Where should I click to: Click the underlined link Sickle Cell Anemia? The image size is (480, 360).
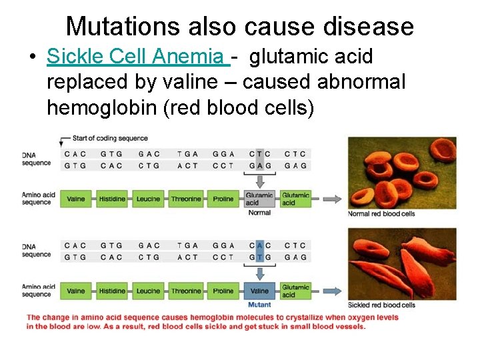coord(137,57)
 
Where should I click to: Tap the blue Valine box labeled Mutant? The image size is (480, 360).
coord(259,291)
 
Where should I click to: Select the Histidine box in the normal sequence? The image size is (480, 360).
coord(112,199)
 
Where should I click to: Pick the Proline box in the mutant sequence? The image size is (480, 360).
coord(223,291)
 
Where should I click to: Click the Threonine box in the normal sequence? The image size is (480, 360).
coord(185,199)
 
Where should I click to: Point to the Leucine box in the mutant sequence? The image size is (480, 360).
coord(148,291)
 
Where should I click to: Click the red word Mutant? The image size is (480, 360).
coord(259,305)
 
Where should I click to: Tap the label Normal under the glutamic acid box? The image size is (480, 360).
coord(259,213)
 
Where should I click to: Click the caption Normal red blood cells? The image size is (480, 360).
coord(381,214)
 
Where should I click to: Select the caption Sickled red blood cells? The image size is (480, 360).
coord(381,305)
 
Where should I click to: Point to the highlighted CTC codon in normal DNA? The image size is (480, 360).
coord(259,153)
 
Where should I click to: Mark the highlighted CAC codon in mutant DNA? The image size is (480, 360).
coord(259,245)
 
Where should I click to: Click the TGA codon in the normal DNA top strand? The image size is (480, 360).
coord(187,153)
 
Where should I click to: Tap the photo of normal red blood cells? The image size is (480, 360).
coord(402,173)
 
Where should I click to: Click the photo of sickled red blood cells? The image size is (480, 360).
coord(402,264)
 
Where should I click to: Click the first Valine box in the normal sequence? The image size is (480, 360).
coord(76,199)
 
